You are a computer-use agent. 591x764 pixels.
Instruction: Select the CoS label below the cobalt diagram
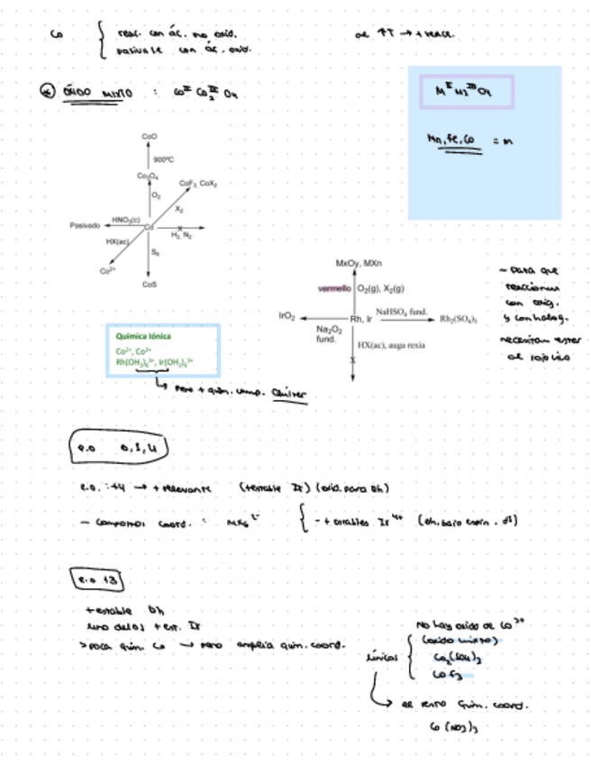150,284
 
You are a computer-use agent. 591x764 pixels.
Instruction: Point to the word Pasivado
85,226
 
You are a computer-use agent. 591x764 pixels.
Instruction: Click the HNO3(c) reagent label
125,219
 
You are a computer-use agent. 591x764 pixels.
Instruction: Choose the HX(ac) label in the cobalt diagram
117,241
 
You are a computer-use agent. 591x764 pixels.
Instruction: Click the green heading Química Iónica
138,336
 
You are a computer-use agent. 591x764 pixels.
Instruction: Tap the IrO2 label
287,318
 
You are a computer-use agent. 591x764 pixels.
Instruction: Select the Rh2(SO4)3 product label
459,318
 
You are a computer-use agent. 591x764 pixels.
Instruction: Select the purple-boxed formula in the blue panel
467,92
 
